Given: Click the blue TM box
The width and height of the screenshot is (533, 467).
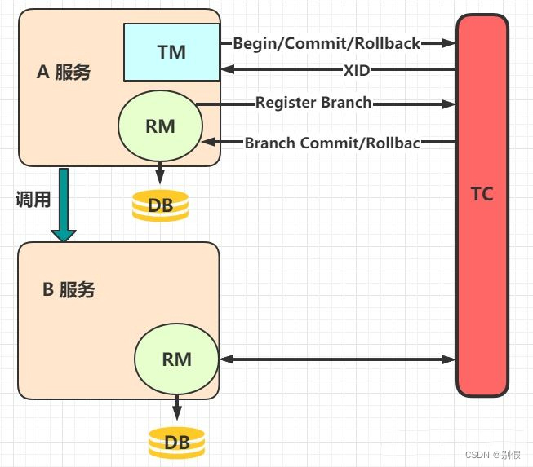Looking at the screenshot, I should click(171, 52).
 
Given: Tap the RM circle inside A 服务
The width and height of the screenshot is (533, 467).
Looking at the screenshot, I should click(159, 126).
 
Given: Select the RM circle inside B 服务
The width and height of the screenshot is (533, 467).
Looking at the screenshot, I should click(177, 359).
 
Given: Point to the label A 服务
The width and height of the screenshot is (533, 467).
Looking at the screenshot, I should click(64, 73).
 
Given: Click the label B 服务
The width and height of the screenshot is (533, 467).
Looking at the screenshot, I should click(69, 289).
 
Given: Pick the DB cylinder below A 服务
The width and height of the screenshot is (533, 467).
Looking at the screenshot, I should click(161, 205).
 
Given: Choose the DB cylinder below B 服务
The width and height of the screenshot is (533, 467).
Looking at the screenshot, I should click(177, 443).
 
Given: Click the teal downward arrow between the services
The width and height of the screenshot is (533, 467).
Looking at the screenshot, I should click(63, 204).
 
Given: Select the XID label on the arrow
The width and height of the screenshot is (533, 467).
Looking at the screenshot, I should click(357, 70).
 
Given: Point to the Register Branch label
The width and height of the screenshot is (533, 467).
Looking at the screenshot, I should click(313, 103).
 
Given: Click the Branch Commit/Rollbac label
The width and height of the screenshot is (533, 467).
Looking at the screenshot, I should click(332, 143).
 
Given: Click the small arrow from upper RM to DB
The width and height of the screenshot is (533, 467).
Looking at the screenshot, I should click(160, 174).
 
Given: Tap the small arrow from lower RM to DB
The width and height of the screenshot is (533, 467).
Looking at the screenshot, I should click(177, 410).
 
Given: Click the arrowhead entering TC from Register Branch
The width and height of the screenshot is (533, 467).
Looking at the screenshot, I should click(450, 104).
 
